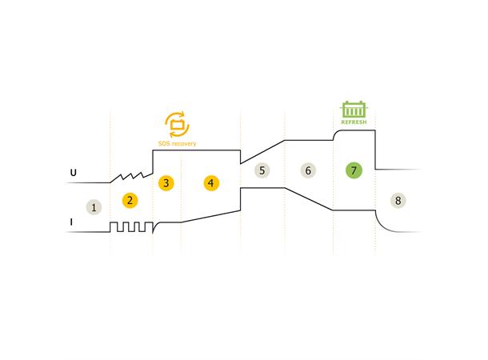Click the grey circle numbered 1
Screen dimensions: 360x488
coord(94,207)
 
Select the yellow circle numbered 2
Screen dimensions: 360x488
coord(130,200)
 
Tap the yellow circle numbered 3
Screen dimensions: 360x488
coord(166,182)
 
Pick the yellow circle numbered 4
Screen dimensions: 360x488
coord(210,182)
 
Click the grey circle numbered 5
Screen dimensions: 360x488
coord(262,170)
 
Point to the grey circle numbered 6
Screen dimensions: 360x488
coord(308,170)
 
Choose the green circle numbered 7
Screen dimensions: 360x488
coord(354,170)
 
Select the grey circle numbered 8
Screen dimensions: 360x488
coord(398,200)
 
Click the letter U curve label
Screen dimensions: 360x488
coord(72,173)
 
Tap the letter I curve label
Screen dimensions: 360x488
coord(71,222)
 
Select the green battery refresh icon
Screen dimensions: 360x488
coord(354,110)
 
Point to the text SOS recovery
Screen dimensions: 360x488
coord(177,144)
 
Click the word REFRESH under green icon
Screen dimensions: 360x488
coord(354,122)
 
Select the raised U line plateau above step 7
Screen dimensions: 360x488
coord(354,133)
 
